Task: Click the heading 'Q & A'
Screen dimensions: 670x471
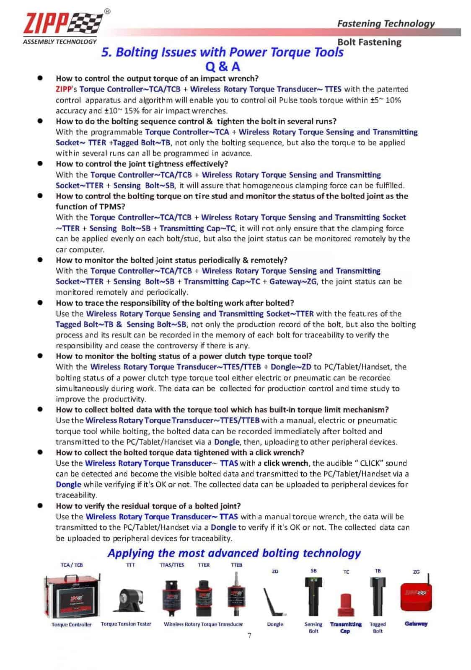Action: (223, 67)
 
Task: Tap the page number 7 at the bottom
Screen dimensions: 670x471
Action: (249, 635)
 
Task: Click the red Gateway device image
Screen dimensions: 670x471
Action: (416, 596)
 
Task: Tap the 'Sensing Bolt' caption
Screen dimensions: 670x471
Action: (313, 627)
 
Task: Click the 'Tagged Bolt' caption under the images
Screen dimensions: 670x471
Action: (378, 627)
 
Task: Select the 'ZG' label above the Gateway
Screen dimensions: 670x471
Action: (416, 572)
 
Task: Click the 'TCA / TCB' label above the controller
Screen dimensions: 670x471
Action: (72, 565)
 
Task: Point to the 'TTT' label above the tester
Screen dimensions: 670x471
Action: (130, 565)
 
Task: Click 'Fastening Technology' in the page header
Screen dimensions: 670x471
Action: (386, 23)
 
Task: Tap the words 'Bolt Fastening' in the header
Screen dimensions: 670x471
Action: (369, 42)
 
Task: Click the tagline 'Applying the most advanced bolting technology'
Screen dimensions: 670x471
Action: (234, 553)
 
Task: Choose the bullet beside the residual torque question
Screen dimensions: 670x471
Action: (40, 505)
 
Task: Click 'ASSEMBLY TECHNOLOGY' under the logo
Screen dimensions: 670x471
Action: (60, 41)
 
